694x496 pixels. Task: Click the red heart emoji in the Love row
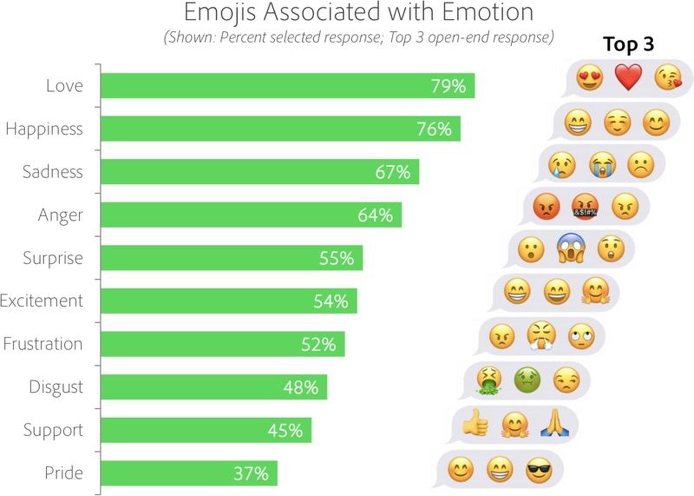pyautogui.click(x=628, y=77)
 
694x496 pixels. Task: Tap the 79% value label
pyautogui.click(x=448, y=86)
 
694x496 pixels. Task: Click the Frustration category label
pyautogui.click(x=43, y=344)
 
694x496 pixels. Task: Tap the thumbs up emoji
pyautogui.click(x=475, y=423)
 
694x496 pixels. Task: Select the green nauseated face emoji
pyautogui.click(x=527, y=380)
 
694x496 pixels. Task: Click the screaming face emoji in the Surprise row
pyautogui.click(x=571, y=248)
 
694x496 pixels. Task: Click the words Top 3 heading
pyautogui.click(x=628, y=44)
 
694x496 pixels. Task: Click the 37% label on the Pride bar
pyautogui.click(x=251, y=473)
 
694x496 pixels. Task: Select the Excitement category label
pyautogui.click(x=41, y=301)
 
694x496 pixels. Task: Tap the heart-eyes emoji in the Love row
pyautogui.click(x=589, y=78)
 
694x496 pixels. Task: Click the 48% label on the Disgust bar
pyautogui.click(x=300, y=387)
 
